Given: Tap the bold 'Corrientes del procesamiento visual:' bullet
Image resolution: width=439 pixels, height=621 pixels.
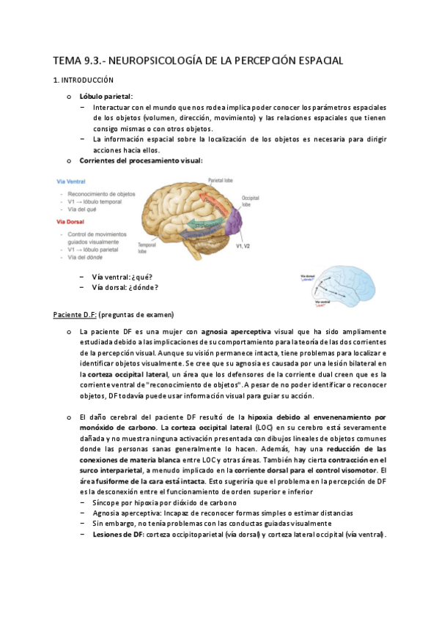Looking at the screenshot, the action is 141,160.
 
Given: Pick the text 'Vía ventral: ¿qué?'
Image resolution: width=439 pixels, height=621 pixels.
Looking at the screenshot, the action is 121,277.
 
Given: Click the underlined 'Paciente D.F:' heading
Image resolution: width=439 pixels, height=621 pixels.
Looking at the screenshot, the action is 74,314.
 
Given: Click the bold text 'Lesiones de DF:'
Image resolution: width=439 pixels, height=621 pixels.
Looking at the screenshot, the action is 120,535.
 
